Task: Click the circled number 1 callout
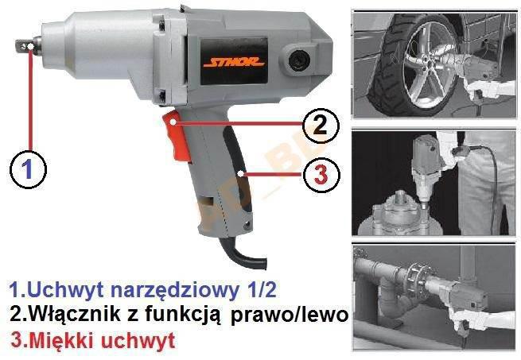pos(29,169)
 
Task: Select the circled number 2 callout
pos(321,126)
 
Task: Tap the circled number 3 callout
pos(321,174)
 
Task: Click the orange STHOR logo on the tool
pos(234,62)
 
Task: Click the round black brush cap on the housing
pos(299,60)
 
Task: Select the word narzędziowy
pos(174,291)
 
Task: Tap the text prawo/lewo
pos(290,315)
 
